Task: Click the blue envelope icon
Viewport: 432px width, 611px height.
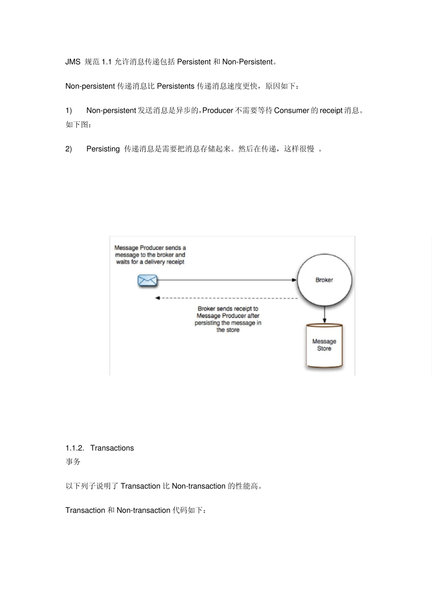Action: coord(147,280)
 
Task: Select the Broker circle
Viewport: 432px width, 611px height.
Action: coord(324,280)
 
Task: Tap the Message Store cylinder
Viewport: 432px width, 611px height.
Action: coord(324,345)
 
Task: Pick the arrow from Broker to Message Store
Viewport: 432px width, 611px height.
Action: coord(324,315)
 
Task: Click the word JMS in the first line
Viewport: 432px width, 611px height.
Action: coord(73,62)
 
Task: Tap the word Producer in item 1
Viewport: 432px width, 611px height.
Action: coord(217,110)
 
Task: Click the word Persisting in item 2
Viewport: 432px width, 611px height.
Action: coord(103,149)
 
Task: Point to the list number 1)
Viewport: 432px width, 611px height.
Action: coord(69,110)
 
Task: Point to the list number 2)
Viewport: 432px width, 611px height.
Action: coord(69,149)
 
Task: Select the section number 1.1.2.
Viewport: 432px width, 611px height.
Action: coord(75,448)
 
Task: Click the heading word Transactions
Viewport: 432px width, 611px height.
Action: coord(112,448)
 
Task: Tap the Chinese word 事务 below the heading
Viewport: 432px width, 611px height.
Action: coord(73,462)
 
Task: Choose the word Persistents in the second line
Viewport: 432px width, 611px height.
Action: coord(176,86)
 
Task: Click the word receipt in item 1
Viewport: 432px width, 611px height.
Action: coord(331,110)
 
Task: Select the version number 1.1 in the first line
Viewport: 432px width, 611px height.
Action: coord(106,62)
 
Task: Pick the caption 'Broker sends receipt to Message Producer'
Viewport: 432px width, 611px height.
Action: coord(228,319)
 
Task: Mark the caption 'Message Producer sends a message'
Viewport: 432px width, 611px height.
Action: coord(150,255)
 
